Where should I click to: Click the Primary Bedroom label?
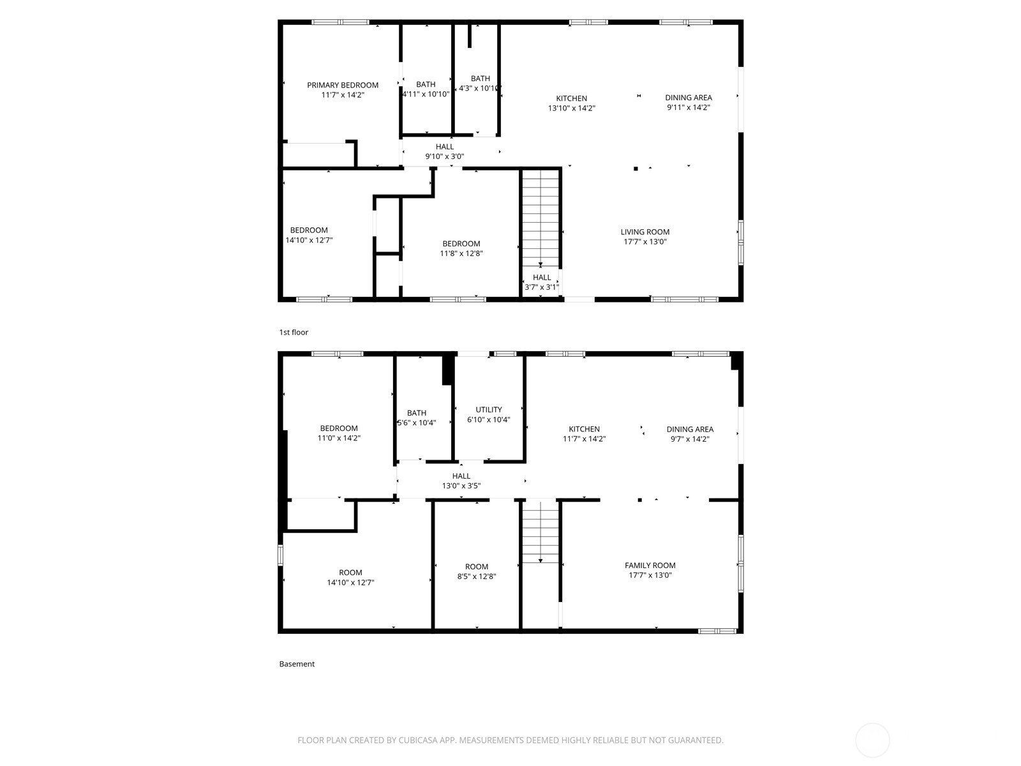[x=342, y=85]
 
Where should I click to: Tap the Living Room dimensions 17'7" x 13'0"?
[x=645, y=242]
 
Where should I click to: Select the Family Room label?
[x=650, y=565]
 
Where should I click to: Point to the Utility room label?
[x=488, y=409]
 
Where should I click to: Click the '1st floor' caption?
[x=294, y=332]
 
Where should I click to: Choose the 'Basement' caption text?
[x=297, y=664]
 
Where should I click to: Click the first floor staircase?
[x=540, y=218]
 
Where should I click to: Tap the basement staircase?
[x=540, y=532]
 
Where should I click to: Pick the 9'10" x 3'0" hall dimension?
[x=444, y=157]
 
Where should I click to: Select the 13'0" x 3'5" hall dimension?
[x=461, y=486]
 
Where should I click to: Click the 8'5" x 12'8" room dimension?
[x=476, y=576]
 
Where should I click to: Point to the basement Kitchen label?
[x=585, y=429]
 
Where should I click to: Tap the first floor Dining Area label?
[x=689, y=97]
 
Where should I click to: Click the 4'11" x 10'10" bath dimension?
[x=426, y=94]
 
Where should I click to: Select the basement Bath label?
[x=416, y=412]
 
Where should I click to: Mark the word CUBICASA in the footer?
[x=418, y=740]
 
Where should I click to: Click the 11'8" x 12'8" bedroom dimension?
[x=461, y=253]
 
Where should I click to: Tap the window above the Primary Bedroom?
[x=340, y=22]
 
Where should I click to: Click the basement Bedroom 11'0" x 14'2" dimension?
[x=339, y=438]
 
